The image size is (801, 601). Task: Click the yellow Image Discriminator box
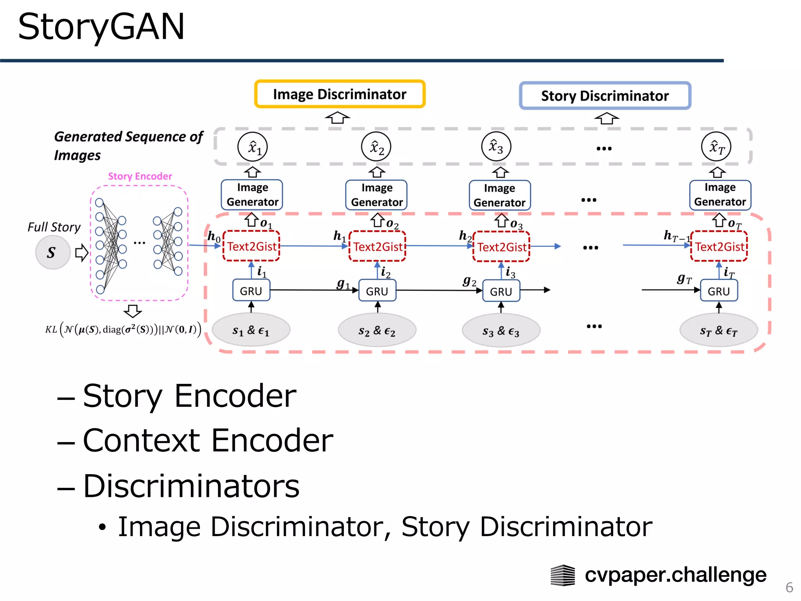point(339,94)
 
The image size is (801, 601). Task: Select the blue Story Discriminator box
point(605,96)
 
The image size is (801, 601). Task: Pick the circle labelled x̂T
point(716,147)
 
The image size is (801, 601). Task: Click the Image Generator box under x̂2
point(376,195)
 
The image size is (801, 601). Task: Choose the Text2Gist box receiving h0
point(251,247)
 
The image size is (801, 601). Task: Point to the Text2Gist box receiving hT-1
point(719,247)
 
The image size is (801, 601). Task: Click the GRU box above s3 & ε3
point(501,292)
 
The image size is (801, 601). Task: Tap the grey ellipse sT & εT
point(718,331)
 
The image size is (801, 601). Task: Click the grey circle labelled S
point(52,252)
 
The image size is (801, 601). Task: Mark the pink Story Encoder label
point(140,176)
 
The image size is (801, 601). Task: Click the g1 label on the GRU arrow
point(343,283)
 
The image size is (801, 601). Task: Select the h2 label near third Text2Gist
point(465,236)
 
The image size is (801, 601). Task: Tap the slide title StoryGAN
point(101,27)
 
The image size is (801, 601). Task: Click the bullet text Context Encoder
point(208,440)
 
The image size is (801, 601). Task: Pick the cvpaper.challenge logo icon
point(562,575)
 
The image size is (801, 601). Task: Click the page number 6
point(789,587)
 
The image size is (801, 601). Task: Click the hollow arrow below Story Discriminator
point(606,118)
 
